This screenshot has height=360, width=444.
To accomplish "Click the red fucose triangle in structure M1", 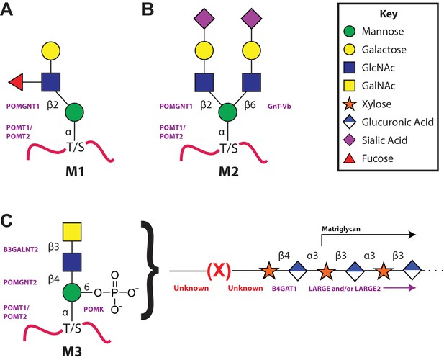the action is coord(16,82).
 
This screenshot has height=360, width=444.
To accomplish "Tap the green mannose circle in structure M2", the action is coord(228,112).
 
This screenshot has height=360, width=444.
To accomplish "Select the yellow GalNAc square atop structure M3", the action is coord(72,232).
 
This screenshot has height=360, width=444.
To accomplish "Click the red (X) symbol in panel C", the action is coord(219,271).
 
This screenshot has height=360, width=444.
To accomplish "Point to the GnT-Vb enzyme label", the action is coord(279,107).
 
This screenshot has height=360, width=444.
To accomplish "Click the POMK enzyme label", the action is coord(94,310).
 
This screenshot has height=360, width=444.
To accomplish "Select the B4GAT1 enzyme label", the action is coord(284,289).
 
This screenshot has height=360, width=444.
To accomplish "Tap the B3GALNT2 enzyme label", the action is coord(21,250).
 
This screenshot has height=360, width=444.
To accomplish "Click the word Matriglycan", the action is coord(341,228).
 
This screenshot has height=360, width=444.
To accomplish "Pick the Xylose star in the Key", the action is coord(350,104).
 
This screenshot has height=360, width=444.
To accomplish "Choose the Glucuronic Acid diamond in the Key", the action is coord(350,122).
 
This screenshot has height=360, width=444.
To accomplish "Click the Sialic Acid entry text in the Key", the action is coord(384,140).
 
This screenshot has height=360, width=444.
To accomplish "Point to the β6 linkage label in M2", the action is coord(250,105).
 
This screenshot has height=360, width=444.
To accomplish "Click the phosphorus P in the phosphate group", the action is coord(114,292).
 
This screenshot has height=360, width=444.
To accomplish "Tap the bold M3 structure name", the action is coord(72,351).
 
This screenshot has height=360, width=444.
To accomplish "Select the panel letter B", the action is coord(148,9).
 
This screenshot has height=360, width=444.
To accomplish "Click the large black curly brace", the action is coord(150,270).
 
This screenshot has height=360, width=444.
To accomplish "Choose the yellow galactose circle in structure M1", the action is coord(51,51).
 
